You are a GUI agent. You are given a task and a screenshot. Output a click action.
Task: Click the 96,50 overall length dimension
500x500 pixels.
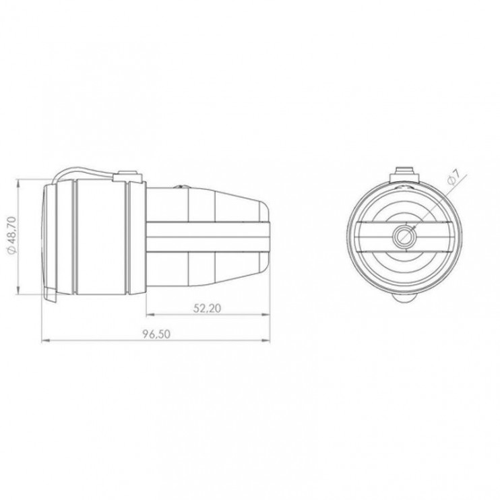[156, 334]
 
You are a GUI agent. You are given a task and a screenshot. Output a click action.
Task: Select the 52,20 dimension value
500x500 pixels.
[208, 308]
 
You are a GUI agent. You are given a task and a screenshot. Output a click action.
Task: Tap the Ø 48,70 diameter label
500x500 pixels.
[11, 235]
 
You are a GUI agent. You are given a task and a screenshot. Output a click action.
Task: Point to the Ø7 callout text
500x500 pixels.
[454, 177]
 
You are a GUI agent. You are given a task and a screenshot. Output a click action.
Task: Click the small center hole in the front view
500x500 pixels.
[404, 237]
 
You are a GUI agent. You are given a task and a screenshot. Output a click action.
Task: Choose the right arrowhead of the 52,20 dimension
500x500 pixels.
[265, 315]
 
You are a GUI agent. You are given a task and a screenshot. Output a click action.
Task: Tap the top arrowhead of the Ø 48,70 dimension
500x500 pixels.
[18, 184]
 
